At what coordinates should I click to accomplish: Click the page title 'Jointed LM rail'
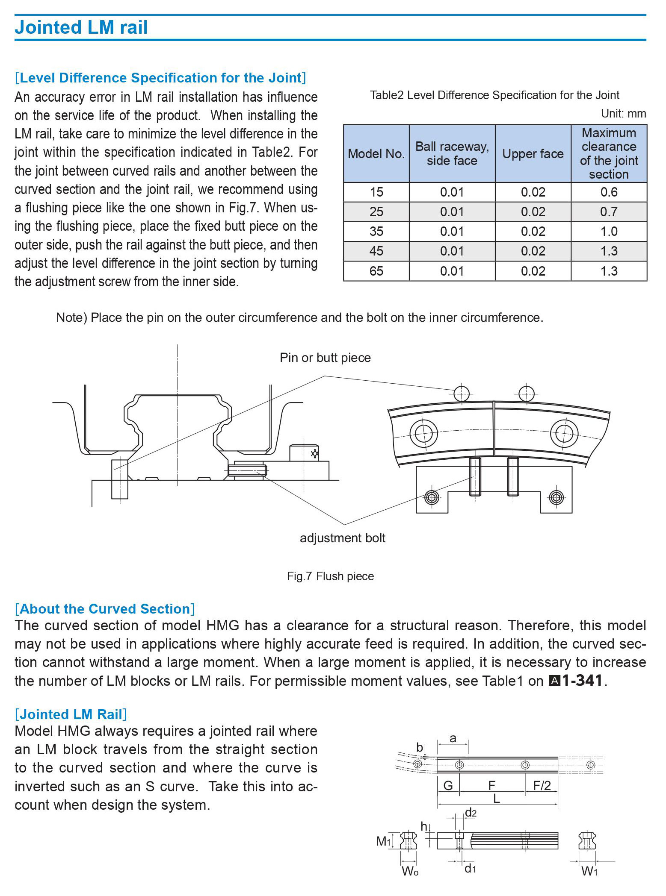pyautogui.click(x=81, y=27)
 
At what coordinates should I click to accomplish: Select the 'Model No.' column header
pyautogui.click(x=376, y=154)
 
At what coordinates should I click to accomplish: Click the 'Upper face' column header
pyautogui.click(x=533, y=154)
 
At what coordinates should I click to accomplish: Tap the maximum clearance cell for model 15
pyautogui.click(x=609, y=192)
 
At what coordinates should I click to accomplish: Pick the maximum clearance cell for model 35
pyautogui.click(x=609, y=232)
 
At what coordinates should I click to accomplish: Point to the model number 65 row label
pyautogui.click(x=376, y=271)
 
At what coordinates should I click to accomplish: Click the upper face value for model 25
pyautogui.click(x=533, y=212)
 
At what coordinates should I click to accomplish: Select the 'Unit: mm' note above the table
pyautogui.click(x=623, y=114)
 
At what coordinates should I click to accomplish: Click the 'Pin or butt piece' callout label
pyautogui.click(x=325, y=358)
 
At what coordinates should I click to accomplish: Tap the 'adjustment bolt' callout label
pyautogui.click(x=342, y=538)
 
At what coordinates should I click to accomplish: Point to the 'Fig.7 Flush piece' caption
pyautogui.click(x=330, y=576)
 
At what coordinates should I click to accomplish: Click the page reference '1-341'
pyautogui.click(x=582, y=681)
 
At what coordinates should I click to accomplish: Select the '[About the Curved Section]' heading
pyautogui.click(x=105, y=609)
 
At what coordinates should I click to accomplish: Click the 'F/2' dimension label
pyautogui.click(x=542, y=785)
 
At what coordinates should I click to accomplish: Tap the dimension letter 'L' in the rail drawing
pyautogui.click(x=497, y=798)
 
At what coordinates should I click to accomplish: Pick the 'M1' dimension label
pyautogui.click(x=384, y=841)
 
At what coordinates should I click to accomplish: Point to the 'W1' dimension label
pyautogui.click(x=589, y=871)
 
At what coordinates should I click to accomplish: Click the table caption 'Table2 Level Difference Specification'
pyautogui.click(x=494, y=95)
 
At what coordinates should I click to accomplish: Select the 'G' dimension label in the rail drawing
pyautogui.click(x=448, y=785)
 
